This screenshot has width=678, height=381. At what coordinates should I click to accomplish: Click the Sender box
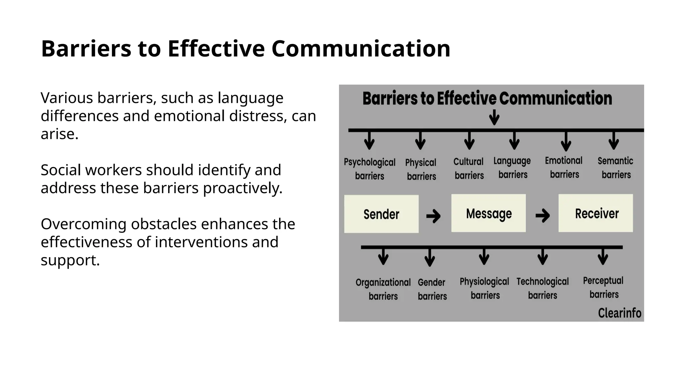(381, 214)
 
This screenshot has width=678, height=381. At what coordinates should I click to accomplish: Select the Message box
(488, 213)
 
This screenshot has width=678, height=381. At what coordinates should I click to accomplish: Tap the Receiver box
(596, 213)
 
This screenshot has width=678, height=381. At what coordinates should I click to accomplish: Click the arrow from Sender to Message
(433, 216)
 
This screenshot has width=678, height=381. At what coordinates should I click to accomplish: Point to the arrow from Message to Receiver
(543, 216)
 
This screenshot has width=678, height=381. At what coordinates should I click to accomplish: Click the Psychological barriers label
(369, 169)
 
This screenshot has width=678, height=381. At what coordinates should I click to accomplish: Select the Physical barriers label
(421, 169)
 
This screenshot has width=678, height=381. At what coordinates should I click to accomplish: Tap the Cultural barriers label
(469, 168)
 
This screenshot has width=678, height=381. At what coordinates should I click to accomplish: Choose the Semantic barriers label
(616, 167)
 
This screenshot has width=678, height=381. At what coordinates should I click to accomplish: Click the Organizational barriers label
(383, 289)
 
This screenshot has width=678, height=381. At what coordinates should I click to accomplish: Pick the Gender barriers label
(432, 289)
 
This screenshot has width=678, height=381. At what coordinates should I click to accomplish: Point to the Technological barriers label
(543, 288)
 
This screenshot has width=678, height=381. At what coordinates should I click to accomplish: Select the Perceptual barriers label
(603, 287)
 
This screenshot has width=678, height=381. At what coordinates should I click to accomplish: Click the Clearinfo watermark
(619, 313)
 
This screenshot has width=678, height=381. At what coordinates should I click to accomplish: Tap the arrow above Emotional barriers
(566, 141)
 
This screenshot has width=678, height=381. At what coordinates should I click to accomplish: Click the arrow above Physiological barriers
(484, 257)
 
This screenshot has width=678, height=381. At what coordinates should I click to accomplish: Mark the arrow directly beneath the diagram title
(494, 117)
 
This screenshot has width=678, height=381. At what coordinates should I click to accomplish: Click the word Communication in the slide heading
(361, 49)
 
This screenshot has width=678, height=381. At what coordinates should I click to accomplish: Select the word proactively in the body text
(242, 188)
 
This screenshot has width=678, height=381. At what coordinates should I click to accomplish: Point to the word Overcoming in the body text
(84, 224)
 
